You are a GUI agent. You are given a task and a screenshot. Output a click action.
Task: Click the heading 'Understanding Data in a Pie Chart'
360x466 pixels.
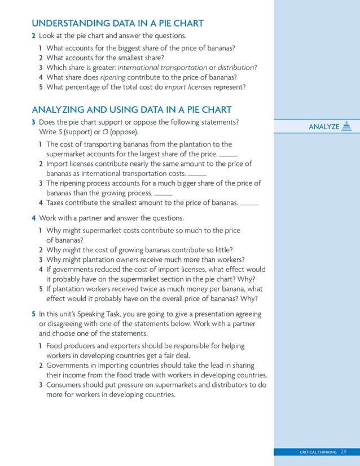117,23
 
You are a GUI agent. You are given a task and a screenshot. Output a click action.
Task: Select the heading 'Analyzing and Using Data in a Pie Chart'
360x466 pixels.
131,109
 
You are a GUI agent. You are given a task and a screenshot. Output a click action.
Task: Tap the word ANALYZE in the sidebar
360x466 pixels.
324,126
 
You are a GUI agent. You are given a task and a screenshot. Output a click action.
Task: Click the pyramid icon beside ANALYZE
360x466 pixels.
347,126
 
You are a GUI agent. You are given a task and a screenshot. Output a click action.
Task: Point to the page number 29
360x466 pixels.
344,452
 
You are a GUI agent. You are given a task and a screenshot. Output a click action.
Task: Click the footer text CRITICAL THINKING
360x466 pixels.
318,452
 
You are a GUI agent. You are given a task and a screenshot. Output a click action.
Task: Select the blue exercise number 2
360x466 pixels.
34,36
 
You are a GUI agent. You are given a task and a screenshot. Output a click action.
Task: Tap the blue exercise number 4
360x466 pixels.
34,218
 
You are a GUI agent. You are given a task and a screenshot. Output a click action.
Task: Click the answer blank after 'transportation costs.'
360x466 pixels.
197,174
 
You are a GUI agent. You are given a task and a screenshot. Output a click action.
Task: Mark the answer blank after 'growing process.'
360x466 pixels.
163,194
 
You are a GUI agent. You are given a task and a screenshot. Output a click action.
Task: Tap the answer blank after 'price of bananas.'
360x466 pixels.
249,204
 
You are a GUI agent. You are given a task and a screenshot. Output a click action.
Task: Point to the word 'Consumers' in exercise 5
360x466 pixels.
65,385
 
